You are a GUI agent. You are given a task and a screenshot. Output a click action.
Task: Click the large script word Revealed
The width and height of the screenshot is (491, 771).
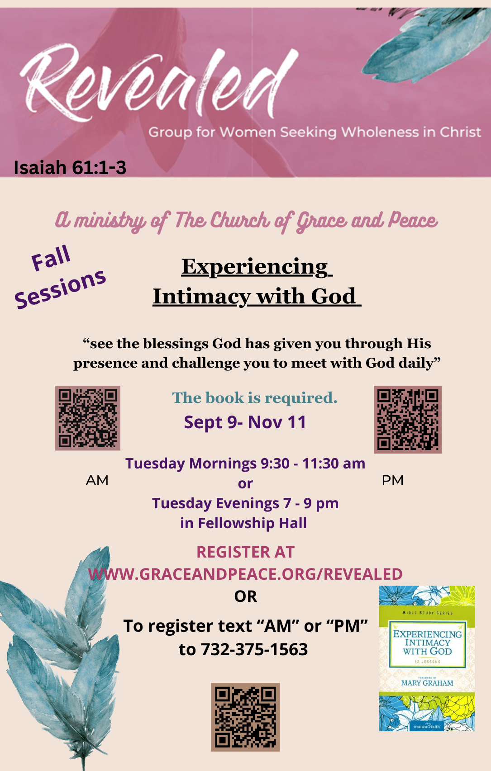[x=158, y=84]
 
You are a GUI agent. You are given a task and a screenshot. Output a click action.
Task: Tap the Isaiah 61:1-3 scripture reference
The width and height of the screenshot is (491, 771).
[x=70, y=168]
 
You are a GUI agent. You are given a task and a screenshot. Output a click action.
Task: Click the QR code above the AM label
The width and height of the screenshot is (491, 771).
[x=88, y=418]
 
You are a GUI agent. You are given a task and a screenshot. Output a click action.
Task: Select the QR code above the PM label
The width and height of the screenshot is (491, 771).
[x=408, y=419]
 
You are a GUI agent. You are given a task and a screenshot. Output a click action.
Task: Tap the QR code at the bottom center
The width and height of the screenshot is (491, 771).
[x=245, y=717]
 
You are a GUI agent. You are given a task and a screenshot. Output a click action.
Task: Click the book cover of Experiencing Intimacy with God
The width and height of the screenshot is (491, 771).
[x=427, y=658]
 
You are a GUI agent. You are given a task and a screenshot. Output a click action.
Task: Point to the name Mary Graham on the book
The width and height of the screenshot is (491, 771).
[x=427, y=683]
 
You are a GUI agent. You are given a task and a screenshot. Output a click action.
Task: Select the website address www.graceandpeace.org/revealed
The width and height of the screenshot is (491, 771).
[x=245, y=574]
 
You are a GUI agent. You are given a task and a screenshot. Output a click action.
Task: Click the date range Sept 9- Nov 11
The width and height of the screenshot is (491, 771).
[x=245, y=422]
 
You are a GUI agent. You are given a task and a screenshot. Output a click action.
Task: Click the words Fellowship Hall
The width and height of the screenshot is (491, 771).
[x=252, y=523]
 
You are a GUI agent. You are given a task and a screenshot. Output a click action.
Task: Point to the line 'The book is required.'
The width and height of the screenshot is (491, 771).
[x=255, y=398]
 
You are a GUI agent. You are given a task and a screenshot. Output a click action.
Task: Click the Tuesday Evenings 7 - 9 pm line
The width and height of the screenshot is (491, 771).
[x=245, y=504]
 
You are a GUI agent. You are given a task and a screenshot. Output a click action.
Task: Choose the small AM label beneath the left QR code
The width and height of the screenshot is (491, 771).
[x=97, y=480]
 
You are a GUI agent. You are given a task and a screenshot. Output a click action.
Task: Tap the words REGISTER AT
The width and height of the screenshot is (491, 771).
[x=245, y=552]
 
